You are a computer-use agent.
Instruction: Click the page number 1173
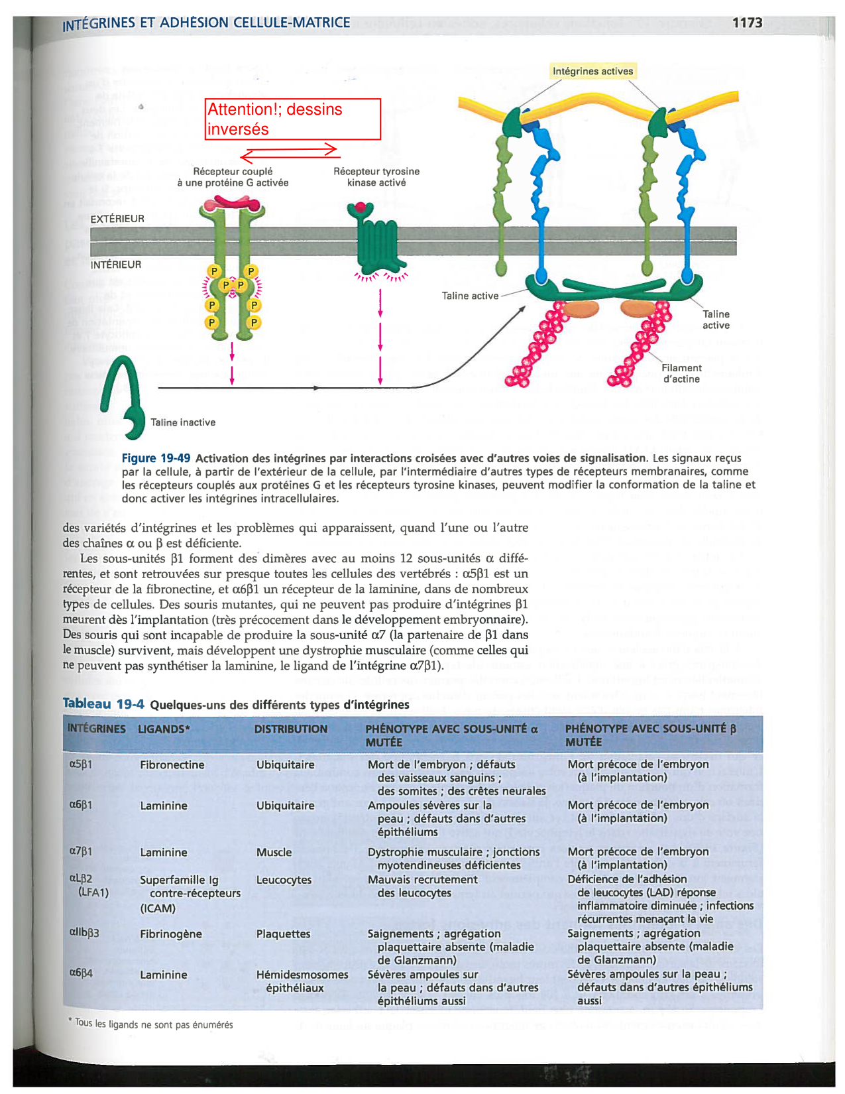747,23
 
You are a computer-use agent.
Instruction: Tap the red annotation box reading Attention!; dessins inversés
293,119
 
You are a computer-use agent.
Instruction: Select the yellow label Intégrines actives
592,71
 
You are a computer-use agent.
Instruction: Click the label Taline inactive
183,422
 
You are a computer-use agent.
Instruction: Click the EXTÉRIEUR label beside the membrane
117,219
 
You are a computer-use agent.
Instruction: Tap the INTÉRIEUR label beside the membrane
116,265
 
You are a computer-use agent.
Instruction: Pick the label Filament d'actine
681,373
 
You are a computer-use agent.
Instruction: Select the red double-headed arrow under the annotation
290,153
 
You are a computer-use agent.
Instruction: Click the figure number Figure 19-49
156,458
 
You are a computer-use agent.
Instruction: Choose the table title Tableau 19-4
103,703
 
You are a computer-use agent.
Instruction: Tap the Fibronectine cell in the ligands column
172,764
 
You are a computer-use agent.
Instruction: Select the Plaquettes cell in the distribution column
283,934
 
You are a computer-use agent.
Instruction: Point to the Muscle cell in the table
274,852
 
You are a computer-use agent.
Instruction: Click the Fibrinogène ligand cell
171,934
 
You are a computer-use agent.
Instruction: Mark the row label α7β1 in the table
81,851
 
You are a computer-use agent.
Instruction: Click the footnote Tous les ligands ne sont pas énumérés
153,1024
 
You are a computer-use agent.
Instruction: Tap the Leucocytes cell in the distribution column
284,880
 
